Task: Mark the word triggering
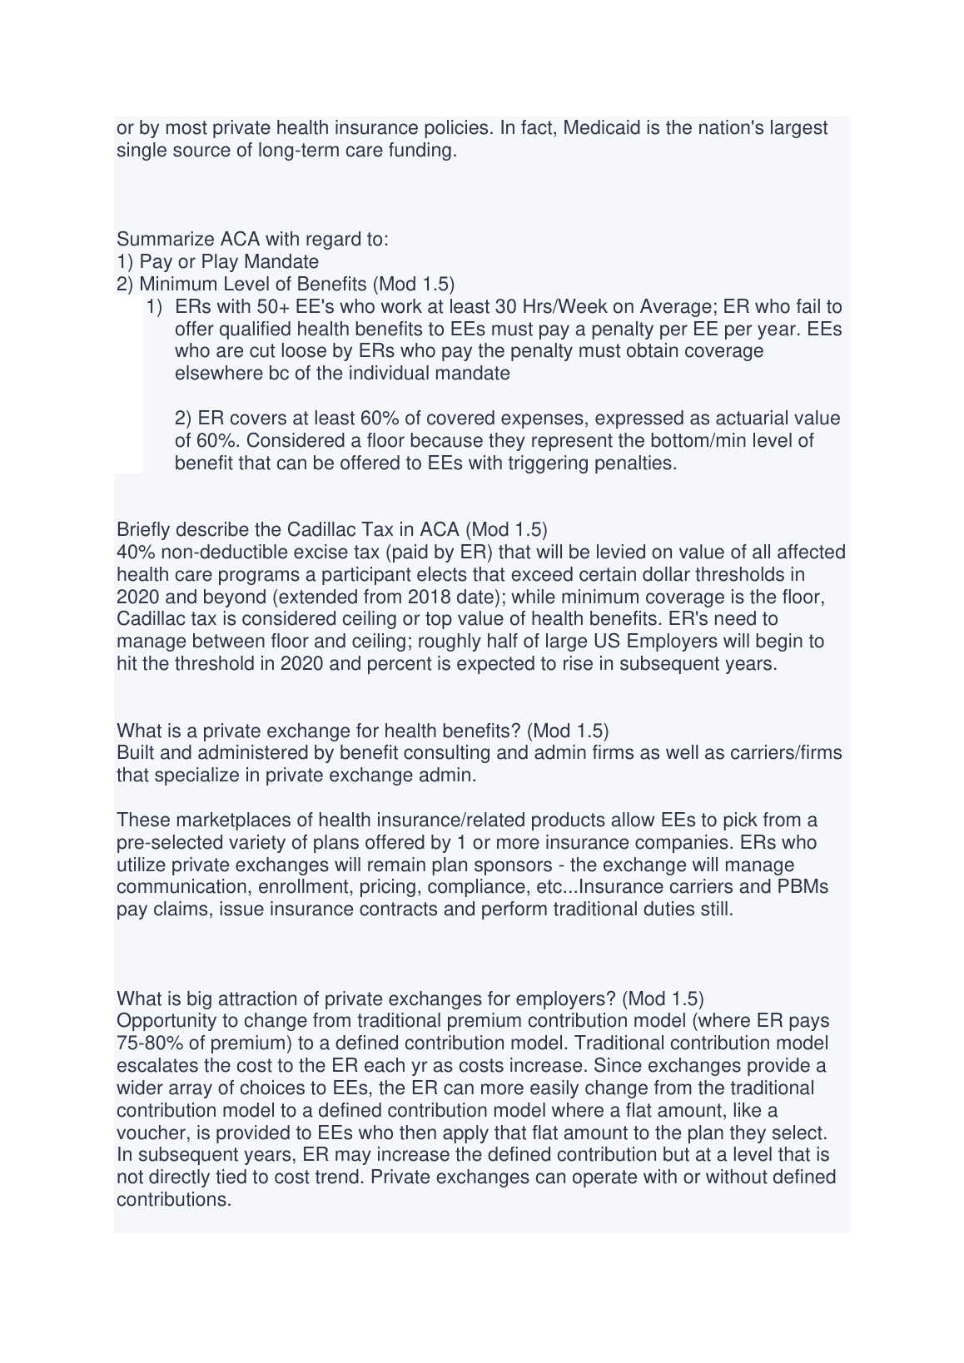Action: click(547, 463)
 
